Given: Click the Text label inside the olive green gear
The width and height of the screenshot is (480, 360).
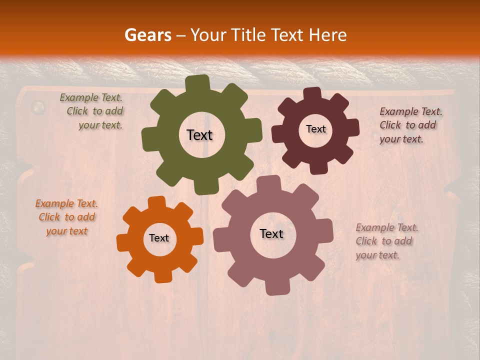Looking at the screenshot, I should pos(199,135).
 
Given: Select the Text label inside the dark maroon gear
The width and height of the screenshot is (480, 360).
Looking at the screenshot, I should pos(315,129).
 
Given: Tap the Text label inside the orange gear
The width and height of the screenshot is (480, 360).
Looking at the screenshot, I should pos(159,238).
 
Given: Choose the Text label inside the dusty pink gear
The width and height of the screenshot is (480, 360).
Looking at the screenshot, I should pos(271,233).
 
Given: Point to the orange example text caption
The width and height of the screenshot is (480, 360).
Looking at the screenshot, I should pos(66,217).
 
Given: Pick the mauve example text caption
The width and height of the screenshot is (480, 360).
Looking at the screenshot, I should pos(386,241).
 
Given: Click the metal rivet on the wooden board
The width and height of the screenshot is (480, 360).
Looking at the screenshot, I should pos(38,106).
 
